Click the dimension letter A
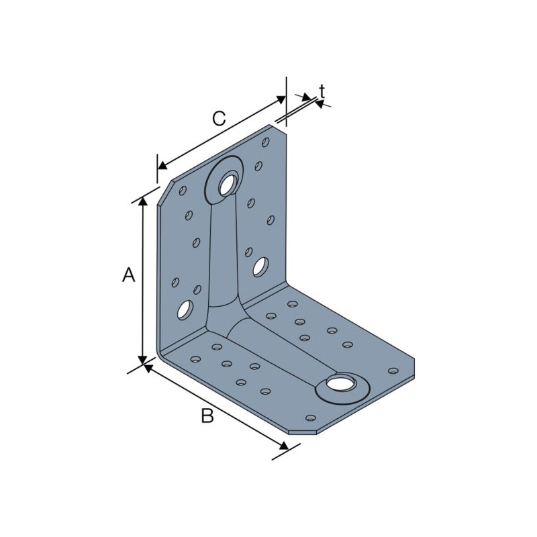[128, 275]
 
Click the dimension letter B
[207, 416]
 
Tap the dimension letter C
[219, 118]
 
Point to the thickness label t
[322, 92]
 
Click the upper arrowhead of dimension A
[142, 201]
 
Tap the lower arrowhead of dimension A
[142, 360]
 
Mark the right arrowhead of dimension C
[281, 99]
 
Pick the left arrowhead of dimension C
[162, 166]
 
